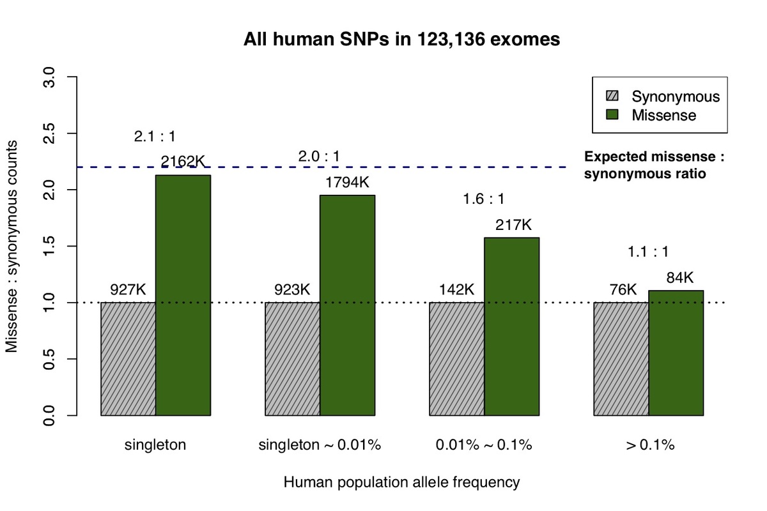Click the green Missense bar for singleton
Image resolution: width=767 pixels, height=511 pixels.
[x=183, y=295]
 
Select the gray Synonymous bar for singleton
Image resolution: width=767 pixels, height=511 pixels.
[x=128, y=358]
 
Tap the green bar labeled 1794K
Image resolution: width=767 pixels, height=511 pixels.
[x=347, y=305]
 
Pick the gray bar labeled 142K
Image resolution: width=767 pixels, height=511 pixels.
[x=456, y=358]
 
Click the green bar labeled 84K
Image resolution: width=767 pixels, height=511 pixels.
[x=676, y=353]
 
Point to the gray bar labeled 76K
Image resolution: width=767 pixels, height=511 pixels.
[x=621, y=358]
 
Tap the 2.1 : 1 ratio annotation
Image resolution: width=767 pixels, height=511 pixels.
[x=155, y=136]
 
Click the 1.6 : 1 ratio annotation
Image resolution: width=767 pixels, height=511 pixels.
[x=484, y=199]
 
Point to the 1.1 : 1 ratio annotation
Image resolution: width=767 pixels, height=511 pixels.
[x=649, y=252]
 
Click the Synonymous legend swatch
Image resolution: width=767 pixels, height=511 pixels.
[x=613, y=96]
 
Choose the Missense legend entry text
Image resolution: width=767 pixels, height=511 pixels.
[x=663, y=116]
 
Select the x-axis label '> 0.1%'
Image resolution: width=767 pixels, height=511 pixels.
[x=649, y=445]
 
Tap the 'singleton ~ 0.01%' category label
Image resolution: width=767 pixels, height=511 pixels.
[x=320, y=445]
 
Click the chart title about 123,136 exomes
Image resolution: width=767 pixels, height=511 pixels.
[x=401, y=40]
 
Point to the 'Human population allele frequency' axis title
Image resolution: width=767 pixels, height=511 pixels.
[x=401, y=482]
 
